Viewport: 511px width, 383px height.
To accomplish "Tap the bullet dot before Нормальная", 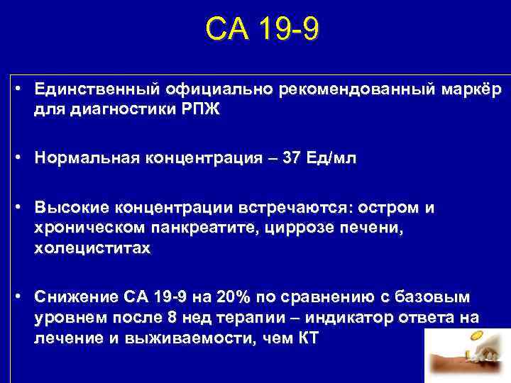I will point(24,159).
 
